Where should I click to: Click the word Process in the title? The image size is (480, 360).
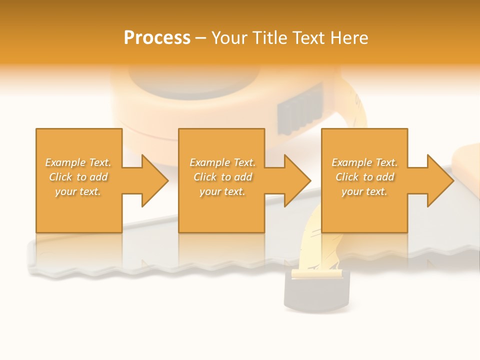(x=157, y=38)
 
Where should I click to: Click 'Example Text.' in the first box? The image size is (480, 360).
(x=78, y=162)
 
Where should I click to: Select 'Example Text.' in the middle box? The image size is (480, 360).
(x=222, y=162)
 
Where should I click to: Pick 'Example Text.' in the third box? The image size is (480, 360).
(x=364, y=162)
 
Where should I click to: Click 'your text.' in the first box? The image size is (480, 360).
(x=78, y=191)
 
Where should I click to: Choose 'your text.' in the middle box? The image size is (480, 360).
(x=222, y=191)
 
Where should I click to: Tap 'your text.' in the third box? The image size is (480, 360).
(x=364, y=191)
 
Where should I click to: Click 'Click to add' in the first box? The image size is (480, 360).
(x=78, y=177)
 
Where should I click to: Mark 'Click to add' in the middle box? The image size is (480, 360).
(x=222, y=177)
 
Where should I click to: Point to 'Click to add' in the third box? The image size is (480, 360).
(x=364, y=177)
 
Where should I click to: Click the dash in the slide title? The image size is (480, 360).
(x=200, y=38)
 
